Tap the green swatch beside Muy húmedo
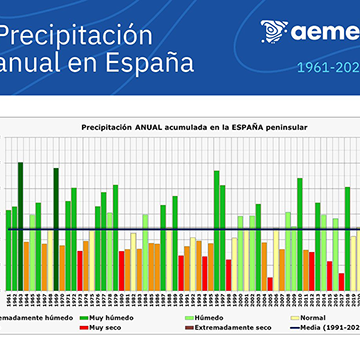click(81, 317)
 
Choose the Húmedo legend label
click(207, 317)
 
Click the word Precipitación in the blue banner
click(74, 35)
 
